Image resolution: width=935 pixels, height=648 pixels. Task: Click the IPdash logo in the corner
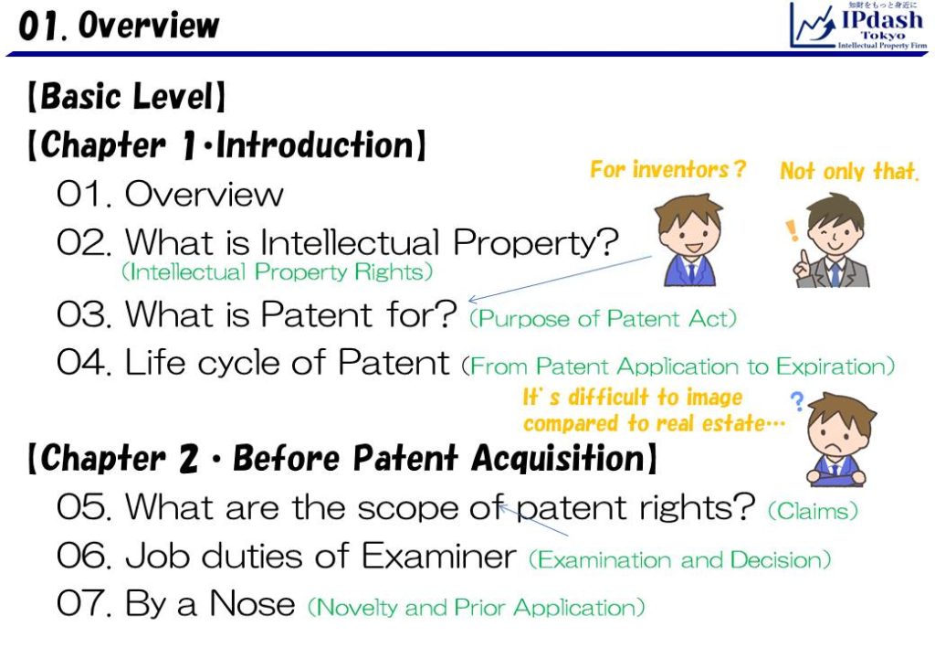[858, 25]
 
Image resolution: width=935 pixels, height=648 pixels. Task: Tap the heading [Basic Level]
[126, 96]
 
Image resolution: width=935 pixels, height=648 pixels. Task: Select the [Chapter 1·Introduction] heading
[226, 145]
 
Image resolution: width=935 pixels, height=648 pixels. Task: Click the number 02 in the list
[84, 243]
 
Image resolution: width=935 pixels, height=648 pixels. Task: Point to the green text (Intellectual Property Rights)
[277, 272]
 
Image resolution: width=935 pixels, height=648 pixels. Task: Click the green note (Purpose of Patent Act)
[603, 318]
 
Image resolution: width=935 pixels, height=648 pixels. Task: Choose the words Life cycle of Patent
[287, 362]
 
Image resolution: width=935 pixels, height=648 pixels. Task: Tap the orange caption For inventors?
[667, 169]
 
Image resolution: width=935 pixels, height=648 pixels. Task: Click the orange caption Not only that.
[848, 171]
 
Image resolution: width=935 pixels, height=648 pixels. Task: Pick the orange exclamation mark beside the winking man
[792, 230]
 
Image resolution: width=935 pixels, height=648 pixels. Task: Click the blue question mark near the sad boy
[797, 401]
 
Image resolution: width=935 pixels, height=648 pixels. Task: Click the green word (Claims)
[813, 511]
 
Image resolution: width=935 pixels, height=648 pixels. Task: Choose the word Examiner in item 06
[439, 556]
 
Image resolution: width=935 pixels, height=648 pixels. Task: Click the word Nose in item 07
[252, 603]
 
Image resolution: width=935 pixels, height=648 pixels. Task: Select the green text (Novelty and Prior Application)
[476, 608]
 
